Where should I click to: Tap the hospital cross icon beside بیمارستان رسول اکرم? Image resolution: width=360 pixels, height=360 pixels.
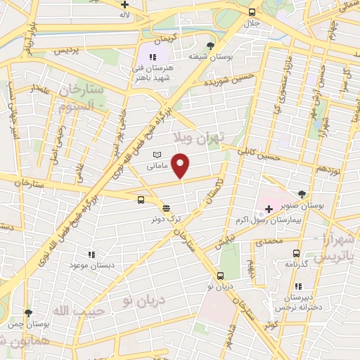[x=269, y=209]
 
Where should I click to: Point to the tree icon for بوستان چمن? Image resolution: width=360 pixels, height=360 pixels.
[x=27, y=313]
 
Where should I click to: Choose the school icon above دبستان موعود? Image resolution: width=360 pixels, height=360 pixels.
[x=90, y=254]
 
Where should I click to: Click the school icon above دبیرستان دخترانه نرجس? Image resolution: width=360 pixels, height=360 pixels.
[x=299, y=287]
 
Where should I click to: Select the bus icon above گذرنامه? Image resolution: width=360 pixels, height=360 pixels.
[x=296, y=253]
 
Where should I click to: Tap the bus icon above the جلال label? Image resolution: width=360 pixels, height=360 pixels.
[x=252, y=12]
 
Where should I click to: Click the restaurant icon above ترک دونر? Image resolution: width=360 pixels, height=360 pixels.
[x=165, y=208]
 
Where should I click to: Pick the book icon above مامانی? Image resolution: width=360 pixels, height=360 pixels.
[x=157, y=155]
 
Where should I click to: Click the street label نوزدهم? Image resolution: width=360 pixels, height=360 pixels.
[x=328, y=169]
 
